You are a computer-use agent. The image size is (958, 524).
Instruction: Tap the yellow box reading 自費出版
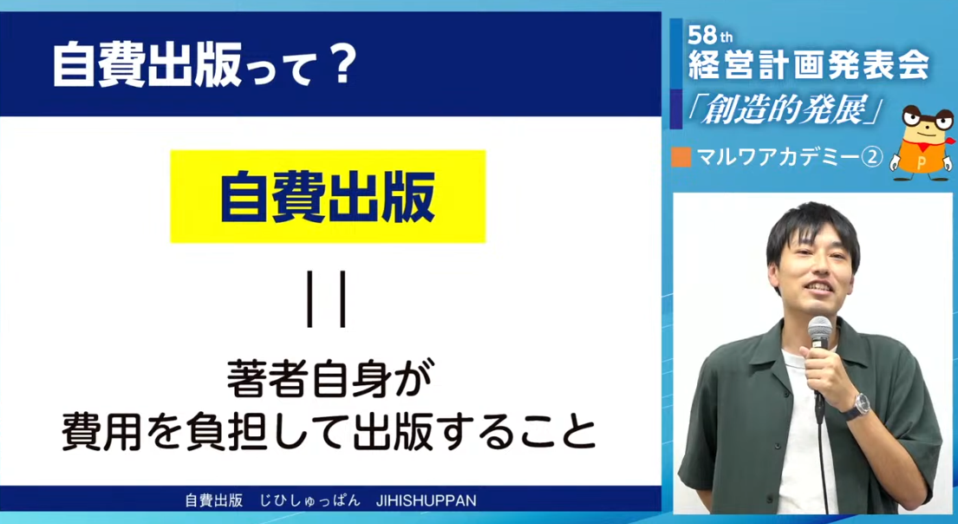[328, 196]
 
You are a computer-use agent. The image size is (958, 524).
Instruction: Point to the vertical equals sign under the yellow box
[327, 299]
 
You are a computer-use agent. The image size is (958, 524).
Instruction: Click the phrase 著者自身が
[329, 380]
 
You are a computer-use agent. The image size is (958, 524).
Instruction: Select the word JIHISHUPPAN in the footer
[427, 501]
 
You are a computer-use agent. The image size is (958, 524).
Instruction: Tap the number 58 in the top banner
[701, 36]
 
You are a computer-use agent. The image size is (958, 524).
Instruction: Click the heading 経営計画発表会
[808, 65]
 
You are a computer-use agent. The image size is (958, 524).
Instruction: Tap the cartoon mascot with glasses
[922, 142]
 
